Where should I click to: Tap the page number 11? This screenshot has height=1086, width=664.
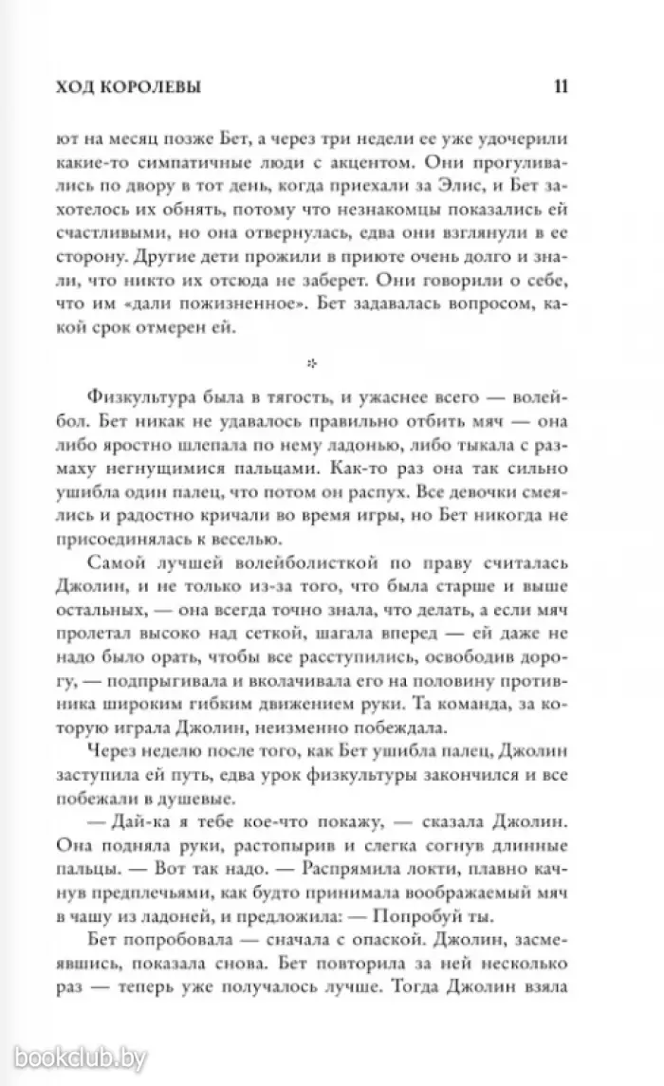pyautogui.click(x=559, y=87)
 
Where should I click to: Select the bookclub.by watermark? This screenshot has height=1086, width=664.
pyautogui.click(x=78, y=1057)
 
